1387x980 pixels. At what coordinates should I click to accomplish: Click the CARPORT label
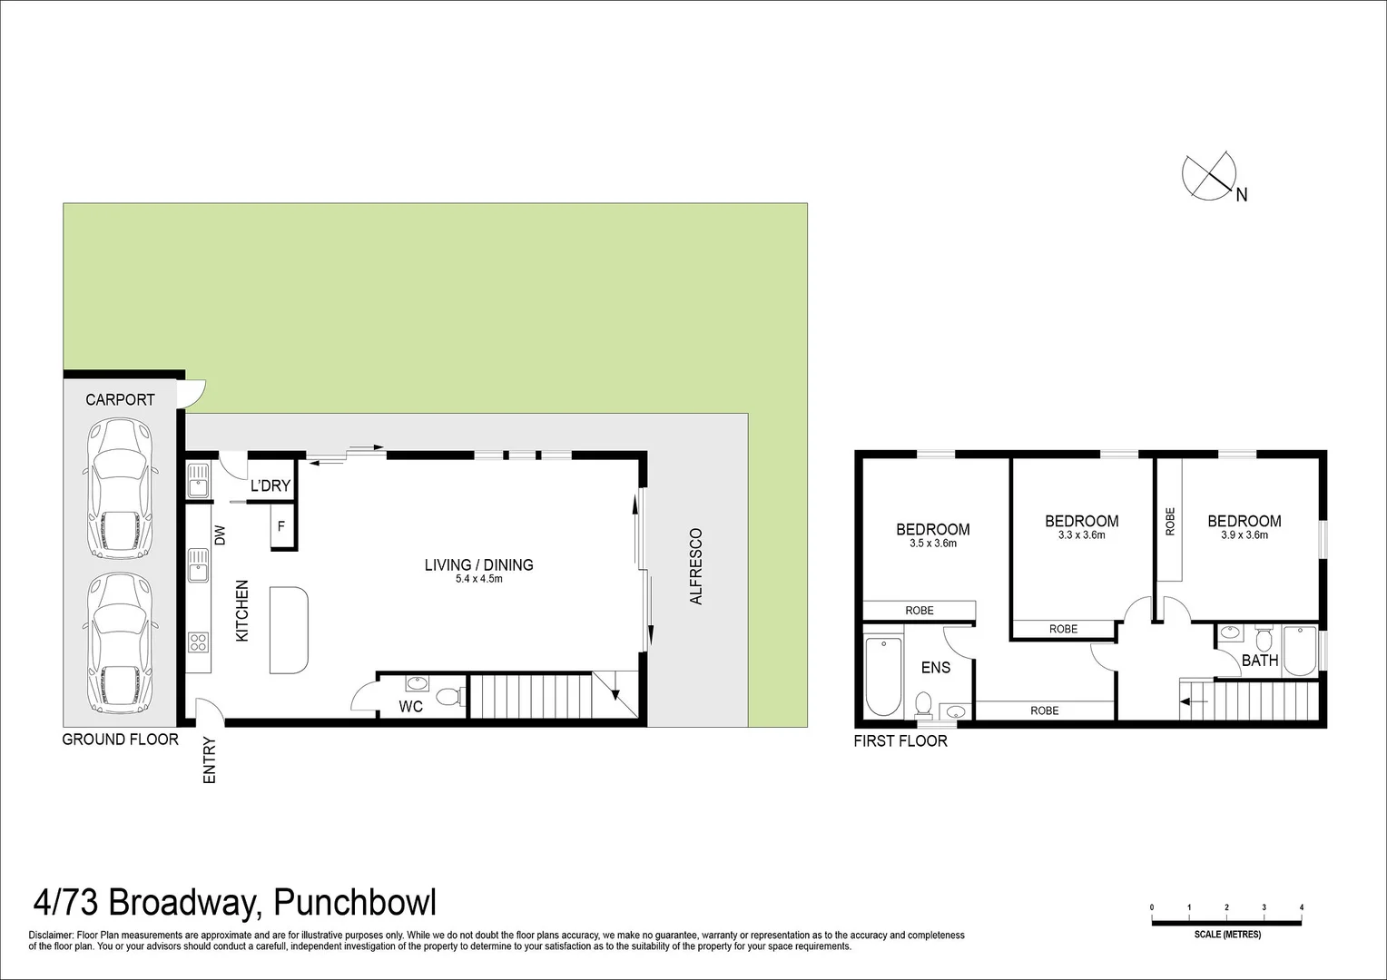[120, 399]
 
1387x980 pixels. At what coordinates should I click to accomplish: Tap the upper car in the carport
[119, 490]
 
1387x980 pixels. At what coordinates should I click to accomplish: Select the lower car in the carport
[119, 645]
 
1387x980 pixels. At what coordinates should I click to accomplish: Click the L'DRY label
[270, 485]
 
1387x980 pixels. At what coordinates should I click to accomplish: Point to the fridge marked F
[281, 525]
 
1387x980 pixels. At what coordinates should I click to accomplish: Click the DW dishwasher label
[220, 535]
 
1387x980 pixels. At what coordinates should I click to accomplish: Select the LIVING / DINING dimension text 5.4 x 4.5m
[478, 579]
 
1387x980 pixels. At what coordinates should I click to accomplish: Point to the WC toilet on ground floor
[447, 696]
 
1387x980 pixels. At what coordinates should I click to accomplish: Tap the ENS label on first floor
[936, 667]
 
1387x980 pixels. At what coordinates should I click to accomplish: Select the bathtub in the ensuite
[883, 676]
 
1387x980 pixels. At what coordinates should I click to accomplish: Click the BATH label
[1259, 661]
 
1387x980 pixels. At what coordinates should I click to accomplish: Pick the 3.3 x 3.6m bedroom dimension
[1081, 535]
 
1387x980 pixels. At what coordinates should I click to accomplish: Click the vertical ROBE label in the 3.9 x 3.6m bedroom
[1170, 521]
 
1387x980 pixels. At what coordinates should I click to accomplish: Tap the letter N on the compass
[1241, 194]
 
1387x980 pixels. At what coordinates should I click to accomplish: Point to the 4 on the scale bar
[1301, 907]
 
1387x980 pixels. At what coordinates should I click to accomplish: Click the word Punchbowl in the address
[355, 904]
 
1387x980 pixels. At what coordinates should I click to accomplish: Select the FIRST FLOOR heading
[900, 741]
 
